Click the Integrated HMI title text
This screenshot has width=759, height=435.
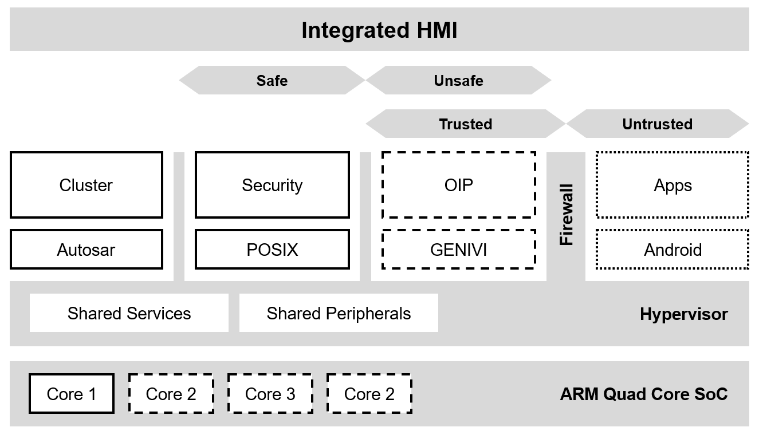click(x=379, y=30)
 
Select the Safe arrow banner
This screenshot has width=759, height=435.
click(x=272, y=80)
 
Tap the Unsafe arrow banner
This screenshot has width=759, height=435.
click(x=458, y=80)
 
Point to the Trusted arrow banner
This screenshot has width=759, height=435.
click(x=465, y=124)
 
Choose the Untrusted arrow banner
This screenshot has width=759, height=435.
click(x=657, y=124)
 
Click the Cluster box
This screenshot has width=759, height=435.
click(x=86, y=185)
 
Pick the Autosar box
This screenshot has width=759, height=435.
click(x=86, y=250)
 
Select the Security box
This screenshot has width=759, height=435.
click(x=272, y=185)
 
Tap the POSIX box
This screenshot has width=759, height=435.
click(x=272, y=250)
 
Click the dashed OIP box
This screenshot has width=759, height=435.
click(x=458, y=185)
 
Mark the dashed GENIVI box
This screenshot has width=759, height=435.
click(x=458, y=250)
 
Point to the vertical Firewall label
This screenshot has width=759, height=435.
click(x=566, y=215)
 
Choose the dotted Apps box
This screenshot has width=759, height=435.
click(x=673, y=185)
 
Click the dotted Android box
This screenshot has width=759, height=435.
click(x=673, y=250)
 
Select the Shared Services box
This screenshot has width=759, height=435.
click(x=129, y=313)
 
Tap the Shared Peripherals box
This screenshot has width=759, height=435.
click(x=339, y=313)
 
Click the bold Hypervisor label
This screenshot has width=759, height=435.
click(x=683, y=314)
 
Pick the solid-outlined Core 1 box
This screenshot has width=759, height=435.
click(x=72, y=394)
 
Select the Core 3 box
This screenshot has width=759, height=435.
click(x=270, y=394)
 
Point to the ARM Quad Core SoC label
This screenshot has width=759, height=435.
click(x=644, y=394)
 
